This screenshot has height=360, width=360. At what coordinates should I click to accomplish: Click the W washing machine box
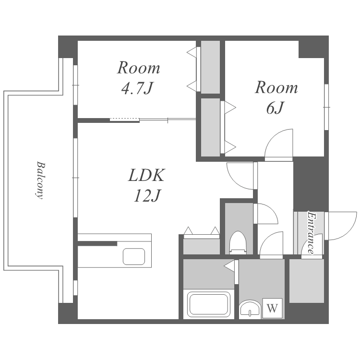click(272, 308)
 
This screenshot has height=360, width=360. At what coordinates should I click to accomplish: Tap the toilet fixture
click(238, 242)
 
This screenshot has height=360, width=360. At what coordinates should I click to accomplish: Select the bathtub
click(209, 304)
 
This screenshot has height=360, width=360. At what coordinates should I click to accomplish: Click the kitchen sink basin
click(134, 256)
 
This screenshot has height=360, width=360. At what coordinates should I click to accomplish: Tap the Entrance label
click(311, 232)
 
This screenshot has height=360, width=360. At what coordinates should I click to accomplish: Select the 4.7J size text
click(137, 88)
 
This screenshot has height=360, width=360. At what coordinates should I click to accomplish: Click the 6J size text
click(276, 108)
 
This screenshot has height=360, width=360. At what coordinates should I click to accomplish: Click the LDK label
click(146, 175)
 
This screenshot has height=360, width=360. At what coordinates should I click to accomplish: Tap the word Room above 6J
click(276, 87)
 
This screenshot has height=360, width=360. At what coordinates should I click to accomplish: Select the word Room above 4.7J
click(139, 68)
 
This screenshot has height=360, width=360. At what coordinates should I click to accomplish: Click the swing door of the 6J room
click(279, 145)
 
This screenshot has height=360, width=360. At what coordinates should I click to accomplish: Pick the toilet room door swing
click(266, 214)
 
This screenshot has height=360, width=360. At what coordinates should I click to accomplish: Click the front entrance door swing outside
click(341, 226)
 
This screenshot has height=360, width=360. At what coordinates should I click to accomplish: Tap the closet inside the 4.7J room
click(210, 67)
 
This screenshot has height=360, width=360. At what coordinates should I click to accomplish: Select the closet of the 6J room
click(210, 127)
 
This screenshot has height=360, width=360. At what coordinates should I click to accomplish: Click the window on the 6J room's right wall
click(326, 107)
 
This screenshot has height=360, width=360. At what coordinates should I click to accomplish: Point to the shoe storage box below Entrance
click(307, 281)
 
